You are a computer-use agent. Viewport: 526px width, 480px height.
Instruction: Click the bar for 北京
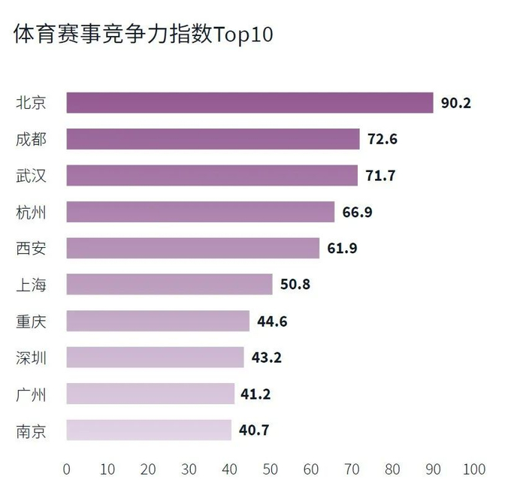coord(249,103)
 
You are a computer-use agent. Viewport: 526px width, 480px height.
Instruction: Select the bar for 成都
coord(213,139)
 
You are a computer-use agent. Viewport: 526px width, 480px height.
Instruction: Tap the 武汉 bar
coord(212,176)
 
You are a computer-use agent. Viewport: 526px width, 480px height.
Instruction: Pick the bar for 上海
coord(169,285)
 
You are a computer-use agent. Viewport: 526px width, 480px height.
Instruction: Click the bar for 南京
coord(149,430)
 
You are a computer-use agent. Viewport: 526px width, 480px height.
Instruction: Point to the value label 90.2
coord(456,103)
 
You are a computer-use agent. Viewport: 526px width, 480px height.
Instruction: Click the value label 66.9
coord(358,212)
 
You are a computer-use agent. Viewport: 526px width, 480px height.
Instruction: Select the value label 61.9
coord(342,249)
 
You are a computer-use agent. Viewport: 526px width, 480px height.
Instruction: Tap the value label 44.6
coord(272,322)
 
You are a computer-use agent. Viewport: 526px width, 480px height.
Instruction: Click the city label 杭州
coord(31,212)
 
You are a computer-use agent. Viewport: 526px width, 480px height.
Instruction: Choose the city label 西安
coord(31,249)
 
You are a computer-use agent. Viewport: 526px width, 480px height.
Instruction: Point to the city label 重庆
coord(31,322)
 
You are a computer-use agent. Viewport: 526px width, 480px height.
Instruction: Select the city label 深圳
coord(31,358)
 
